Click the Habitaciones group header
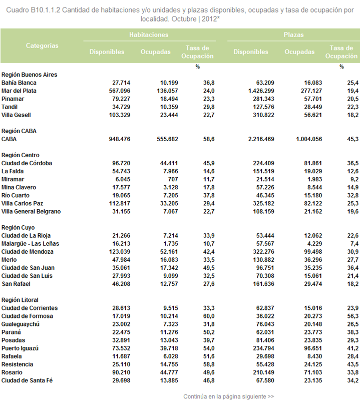tap(149, 35)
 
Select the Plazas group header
tap(293, 35)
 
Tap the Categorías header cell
tap(42, 46)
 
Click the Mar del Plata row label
tap(19, 91)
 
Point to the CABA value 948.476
tap(120, 139)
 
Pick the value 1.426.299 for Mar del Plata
tap(261, 91)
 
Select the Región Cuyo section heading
tap(18, 228)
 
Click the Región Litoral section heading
tap(20, 300)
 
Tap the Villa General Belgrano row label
tap(31, 211)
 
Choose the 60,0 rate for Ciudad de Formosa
tap(209, 316)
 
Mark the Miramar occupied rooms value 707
tap(173, 179)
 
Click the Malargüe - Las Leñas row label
tap(31, 244)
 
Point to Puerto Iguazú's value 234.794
tap(264, 348)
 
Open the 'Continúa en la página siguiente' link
tap(228, 396)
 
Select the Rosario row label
tap(12, 372)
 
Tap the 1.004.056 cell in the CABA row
tap(309, 139)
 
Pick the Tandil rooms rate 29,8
tap(209, 107)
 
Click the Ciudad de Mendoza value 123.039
tap(120, 252)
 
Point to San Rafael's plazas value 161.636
tap(264, 284)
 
